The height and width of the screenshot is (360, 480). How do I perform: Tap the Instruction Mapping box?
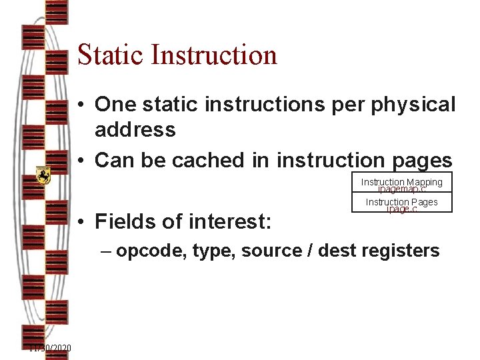point(401,182)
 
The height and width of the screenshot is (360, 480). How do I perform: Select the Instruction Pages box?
point(401,202)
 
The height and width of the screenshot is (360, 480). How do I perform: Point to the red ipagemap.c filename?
point(401,189)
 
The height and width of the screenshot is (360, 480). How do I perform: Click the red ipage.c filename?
point(401,209)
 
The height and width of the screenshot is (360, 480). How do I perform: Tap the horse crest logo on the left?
point(43,175)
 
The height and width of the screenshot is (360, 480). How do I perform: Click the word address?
point(135,129)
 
